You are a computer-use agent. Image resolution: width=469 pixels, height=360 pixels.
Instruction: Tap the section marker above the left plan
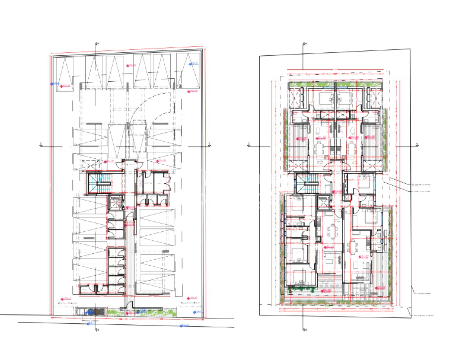click(x=96, y=44)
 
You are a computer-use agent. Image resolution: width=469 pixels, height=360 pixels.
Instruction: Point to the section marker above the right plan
click(x=304, y=44)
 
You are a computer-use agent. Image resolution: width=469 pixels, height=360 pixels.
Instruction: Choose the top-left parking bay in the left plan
click(x=62, y=71)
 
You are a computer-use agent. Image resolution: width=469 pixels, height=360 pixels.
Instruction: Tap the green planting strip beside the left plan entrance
click(x=150, y=312)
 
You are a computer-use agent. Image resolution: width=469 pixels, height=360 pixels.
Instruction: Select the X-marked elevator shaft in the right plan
click(x=324, y=203)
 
